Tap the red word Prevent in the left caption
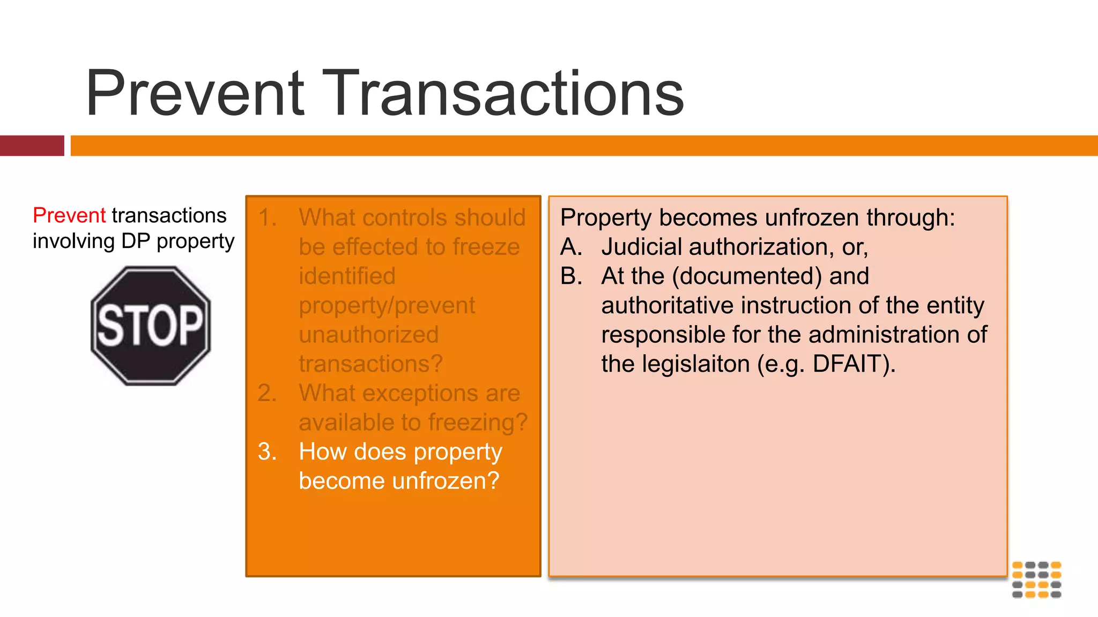tap(69, 215)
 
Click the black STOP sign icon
tap(151, 326)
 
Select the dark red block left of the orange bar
tap(32, 146)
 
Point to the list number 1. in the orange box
tap(267, 218)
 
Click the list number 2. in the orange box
tap(267, 394)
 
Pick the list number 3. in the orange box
tap(267, 452)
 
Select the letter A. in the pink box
tap(571, 247)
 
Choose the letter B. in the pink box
tap(571, 276)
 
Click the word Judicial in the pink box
tap(641, 247)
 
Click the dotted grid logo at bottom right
tap(1036, 580)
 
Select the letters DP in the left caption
tap(135, 242)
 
